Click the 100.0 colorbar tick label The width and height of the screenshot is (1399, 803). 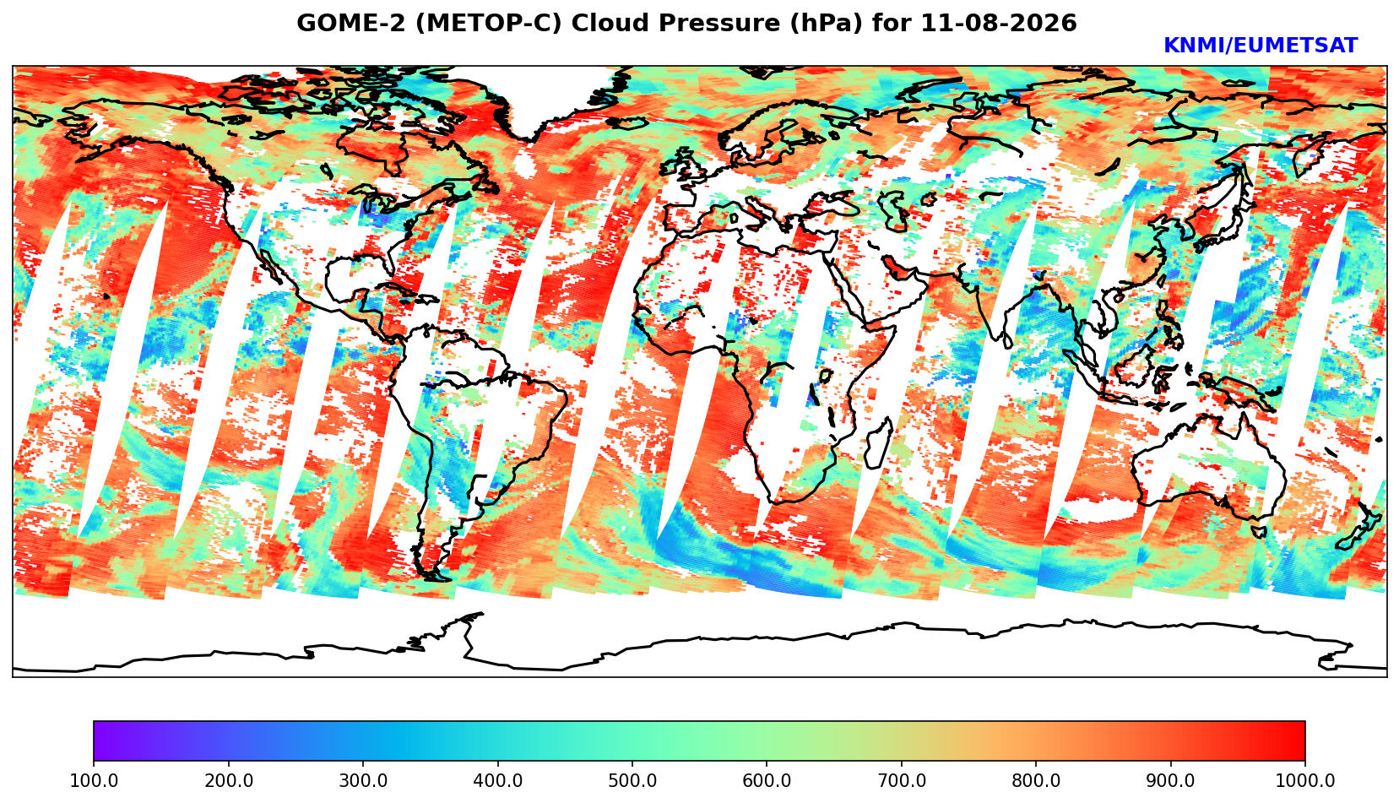tap(94, 780)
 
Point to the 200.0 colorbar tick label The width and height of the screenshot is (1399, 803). tap(229, 780)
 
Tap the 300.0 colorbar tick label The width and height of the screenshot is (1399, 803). tap(363, 780)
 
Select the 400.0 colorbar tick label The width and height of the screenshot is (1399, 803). tap(498, 780)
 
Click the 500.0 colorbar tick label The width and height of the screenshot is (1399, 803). tap(632, 780)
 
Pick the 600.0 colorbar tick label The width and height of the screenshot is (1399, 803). tap(767, 780)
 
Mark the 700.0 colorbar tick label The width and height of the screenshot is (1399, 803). tap(901, 780)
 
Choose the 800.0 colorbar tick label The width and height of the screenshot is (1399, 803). tap(1036, 780)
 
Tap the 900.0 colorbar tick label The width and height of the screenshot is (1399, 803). tap(1170, 780)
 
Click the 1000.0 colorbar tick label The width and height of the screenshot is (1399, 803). tap(1305, 780)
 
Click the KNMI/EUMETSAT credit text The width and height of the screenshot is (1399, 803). tap(1261, 46)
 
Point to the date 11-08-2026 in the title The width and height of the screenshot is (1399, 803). tap(999, 23)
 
